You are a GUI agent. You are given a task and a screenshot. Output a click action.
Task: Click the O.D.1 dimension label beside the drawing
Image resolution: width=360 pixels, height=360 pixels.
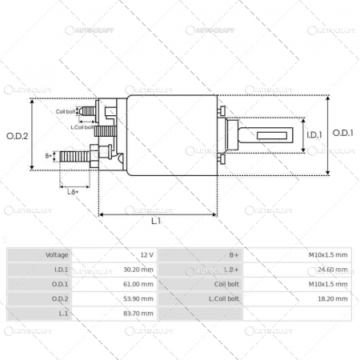(x=342, y=134)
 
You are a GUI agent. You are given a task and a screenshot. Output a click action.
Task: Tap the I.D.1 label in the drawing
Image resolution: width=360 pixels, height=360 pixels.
(x=314, y=134)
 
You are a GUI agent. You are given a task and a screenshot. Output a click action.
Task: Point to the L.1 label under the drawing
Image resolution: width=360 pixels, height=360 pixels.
(x=156, y=220)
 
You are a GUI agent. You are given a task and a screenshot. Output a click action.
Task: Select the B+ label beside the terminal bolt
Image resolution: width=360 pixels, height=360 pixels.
(x=49, y=155)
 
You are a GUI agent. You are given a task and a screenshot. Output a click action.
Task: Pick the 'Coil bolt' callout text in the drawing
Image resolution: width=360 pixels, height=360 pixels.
(x=66, y=112)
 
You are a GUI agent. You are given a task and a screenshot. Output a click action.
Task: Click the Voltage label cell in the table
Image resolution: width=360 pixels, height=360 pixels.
(x=57, y=254)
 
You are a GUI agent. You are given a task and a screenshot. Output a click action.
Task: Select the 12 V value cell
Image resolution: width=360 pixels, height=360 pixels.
(x=146, y=254)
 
